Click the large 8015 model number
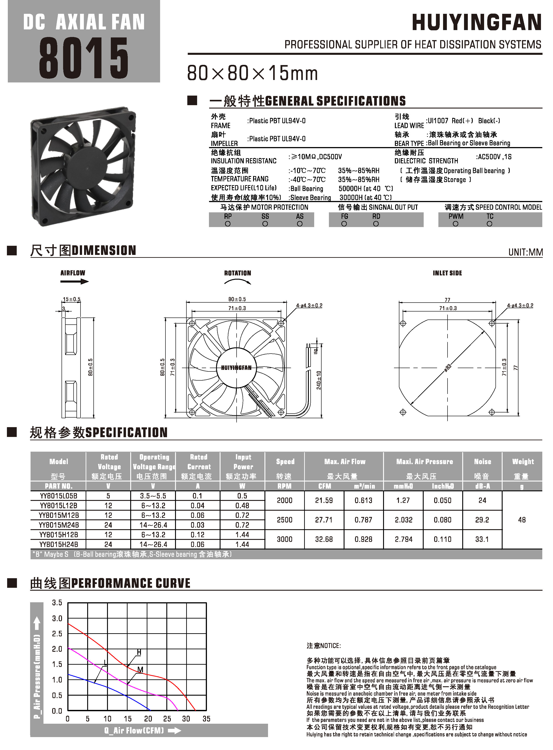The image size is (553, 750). coord(84,58)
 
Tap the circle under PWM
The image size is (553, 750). coord(455,224)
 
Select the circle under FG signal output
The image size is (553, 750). coord(344,224)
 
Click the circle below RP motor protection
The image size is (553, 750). coord(228,224)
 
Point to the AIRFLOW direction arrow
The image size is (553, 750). coord(74,281)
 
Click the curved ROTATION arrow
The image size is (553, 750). coord(237,282)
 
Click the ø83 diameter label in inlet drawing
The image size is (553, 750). coord(448,367)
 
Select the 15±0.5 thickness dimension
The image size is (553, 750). coord(72,299)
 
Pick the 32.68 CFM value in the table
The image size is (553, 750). coord(324,539)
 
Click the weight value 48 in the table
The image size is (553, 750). coord(522,520)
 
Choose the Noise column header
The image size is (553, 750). coord(482,462)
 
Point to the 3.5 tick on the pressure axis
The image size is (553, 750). coord(57,603)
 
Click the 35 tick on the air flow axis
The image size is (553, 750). coord(206,719)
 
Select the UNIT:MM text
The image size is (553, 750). coord(525,252)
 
